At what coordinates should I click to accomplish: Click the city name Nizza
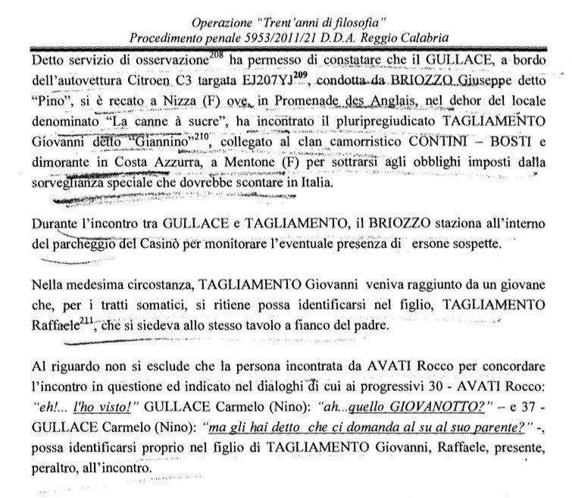(x=161, y=99)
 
